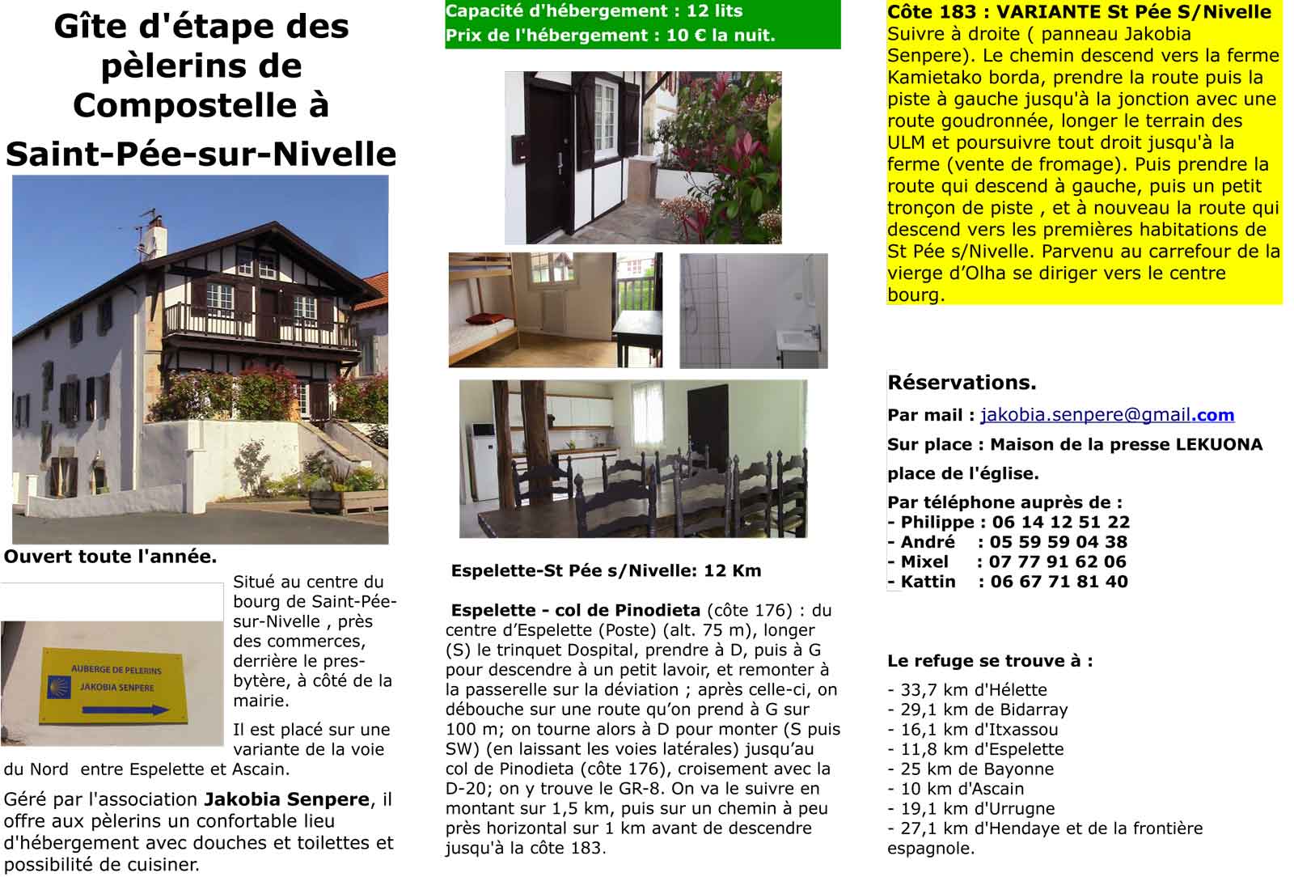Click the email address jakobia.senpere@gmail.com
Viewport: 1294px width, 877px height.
pyautogui.click(x=1106, y=415)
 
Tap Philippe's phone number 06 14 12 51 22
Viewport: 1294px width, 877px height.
pyautogui.click(x=1060, y=522)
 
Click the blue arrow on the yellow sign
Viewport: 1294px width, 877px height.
pyautogui.click(x=126, y=710)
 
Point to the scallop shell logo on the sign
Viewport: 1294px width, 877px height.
pyautogui.click(x=57, y=686)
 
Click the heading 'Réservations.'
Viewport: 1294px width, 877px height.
pyautogui.click(x=962, y=382)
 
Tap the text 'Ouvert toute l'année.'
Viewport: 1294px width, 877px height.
pyautogui.click(x=110, y=557)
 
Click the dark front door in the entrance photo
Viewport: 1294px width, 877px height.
pyautogui.click(x=548, y=154)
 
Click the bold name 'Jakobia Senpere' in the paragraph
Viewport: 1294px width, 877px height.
pyautogui.click(x=286, y=799)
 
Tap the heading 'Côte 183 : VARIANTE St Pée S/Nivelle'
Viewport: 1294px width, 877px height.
pyautogui.click(x=1079, y=12)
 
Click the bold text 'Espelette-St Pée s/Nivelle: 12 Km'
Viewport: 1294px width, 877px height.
pyautogui.click(x=606, y=570)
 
